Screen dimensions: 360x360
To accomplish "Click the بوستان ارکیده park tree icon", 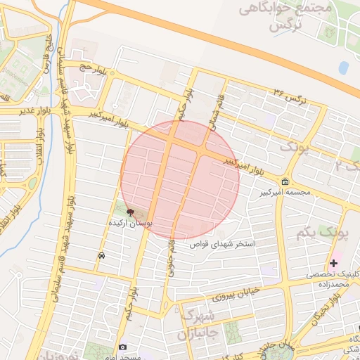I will pos(130,212).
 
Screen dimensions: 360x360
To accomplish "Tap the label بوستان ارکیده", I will pos(131,222).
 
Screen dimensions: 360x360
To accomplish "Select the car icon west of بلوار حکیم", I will pos(103,255).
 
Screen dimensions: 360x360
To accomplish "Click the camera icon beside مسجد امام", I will pos(123,347).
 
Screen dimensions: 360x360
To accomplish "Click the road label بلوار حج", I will pos(91,68).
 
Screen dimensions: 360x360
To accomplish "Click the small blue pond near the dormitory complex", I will pos(343,68).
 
